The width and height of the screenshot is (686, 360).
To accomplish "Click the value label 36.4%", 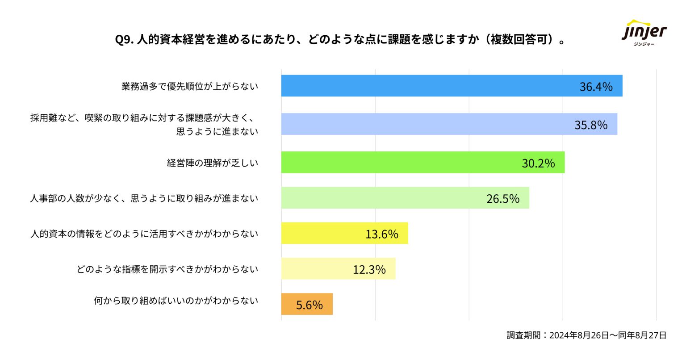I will pos(596,87).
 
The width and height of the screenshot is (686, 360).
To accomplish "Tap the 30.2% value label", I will pos(538,163).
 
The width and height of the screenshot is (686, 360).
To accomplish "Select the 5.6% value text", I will pos(309,305).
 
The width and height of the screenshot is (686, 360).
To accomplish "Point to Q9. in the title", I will pos(124,40).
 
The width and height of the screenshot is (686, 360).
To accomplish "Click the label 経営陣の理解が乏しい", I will pos(213,163).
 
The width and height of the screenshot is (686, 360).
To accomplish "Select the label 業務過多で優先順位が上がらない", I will pos(190,87).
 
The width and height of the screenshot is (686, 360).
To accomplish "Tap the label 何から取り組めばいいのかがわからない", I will pos(176,301).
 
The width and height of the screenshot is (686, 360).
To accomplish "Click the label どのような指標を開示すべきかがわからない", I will pos(167,269).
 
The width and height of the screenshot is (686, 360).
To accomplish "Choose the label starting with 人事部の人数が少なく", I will pos(144,198).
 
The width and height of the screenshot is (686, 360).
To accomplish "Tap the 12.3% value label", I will pos(369,270).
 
